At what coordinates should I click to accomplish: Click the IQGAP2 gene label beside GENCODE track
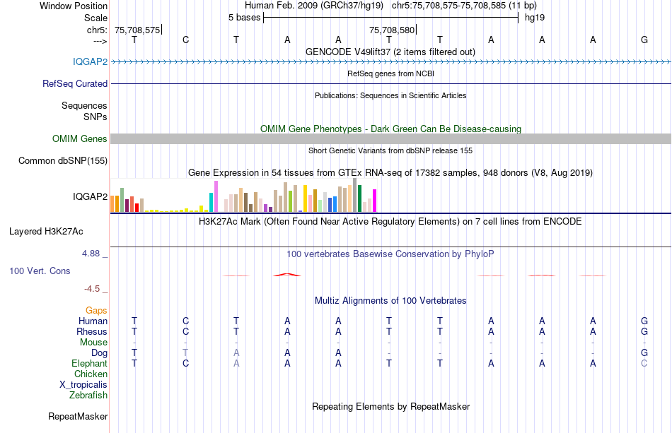(x=90, y=61)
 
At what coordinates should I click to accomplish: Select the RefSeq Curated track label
(x=75, y=83)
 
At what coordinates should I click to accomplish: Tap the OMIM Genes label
(x=80, y=139)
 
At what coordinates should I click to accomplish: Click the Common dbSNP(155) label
(x=62, y=161)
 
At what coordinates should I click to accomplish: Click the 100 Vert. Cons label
(x=40, y=271)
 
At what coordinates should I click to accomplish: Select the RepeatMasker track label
(x=78, y=417)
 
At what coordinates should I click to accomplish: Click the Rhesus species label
(x=92, y=331)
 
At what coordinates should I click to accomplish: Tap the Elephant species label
(x=90, y=363)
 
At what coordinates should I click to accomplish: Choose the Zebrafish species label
(x=88, y=395)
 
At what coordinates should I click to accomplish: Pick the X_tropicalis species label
(x=83, y=384)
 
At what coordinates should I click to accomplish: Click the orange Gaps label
(x=96, y=310)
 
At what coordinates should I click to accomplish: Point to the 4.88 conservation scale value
(x=94, y=252)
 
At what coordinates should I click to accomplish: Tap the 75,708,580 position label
(x=392, y=30)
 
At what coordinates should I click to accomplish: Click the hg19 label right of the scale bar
(x=534, y=17)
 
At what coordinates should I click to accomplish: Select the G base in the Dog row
(x=644, y=352)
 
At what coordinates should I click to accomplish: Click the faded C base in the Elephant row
(x=644, y=363)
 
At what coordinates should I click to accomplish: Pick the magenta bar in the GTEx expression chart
(x=374, y=201)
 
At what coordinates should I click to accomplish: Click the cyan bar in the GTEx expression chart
(x=211, y=202)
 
